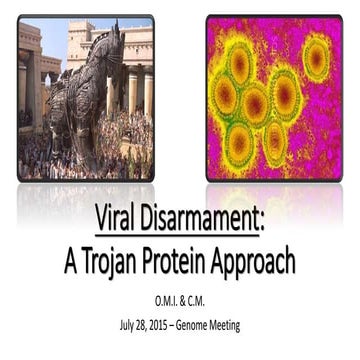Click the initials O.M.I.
[160, 303]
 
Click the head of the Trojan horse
[112, 45]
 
